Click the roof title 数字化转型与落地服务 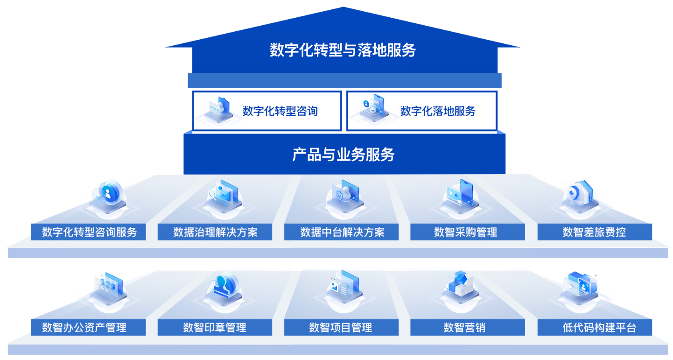pos(343,50)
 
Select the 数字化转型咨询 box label pos(280,111)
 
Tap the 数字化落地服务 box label pos(438,111)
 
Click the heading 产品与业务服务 pos(344,154)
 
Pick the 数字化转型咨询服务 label pos(89,232)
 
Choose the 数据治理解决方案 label pos(215,232)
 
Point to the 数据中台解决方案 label pos(342,232)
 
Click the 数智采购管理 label pos(465,232)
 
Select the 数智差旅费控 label pos(594,232)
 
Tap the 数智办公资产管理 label pos(84,327)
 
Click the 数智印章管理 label pos(215,327)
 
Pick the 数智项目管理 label pos(341,327)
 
